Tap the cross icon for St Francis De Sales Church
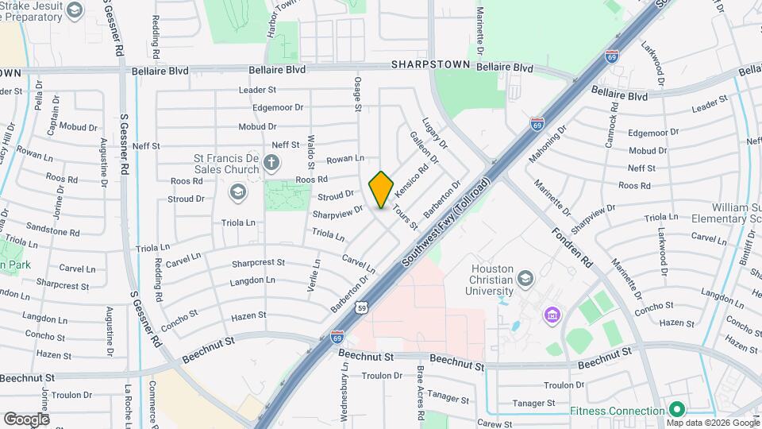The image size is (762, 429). (x=271, y=164)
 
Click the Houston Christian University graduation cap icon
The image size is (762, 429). (x=525, y=279)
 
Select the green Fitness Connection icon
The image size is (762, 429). (x=676, y=410)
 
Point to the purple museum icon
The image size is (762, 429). (x=551, y=316)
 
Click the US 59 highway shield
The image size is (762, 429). (x=361, y=307)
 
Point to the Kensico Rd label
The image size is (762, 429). (x=413, y=181)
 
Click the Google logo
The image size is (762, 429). (x=26, y=419)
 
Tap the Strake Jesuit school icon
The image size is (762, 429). (x=75, y=10)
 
